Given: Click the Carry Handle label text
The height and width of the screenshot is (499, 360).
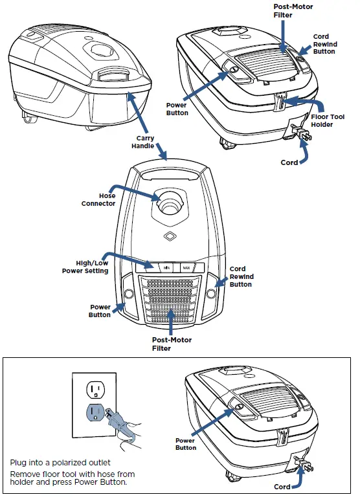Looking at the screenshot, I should pos(144,142).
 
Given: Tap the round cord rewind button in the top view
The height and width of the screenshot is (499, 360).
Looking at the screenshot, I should pos(212,293).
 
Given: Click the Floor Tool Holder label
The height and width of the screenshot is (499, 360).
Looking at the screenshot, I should pos(331,120).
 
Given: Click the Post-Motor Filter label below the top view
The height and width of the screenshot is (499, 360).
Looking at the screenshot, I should pos(171,344).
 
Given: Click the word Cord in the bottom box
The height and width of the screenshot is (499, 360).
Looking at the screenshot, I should pos(282,487).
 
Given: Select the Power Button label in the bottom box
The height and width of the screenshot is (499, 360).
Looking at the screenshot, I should pos(185,444).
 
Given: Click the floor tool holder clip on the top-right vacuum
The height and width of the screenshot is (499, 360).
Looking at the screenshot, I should pos(280,102).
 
